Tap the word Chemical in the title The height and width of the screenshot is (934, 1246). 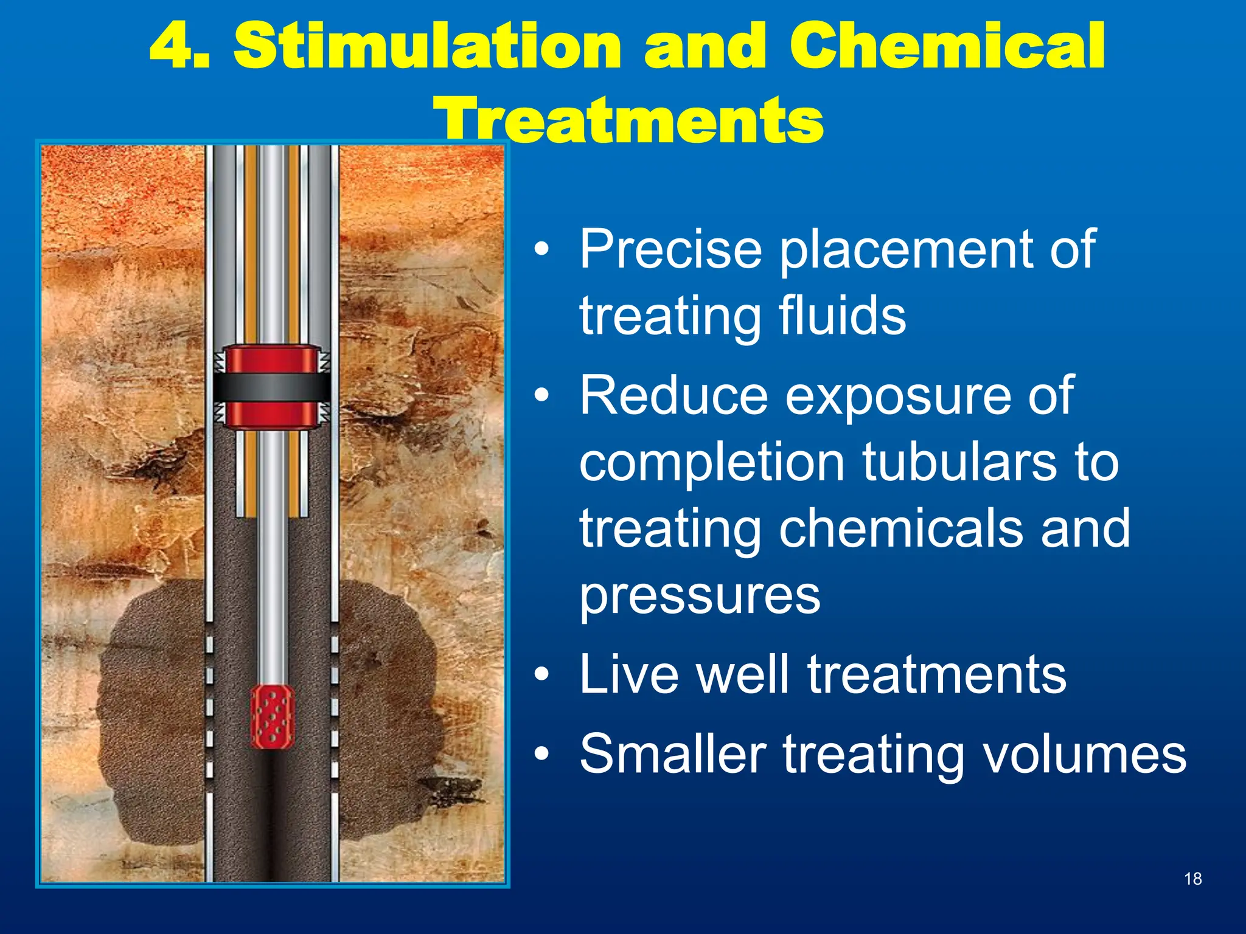click(947, 46)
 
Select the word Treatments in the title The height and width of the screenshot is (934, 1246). click(629, 120)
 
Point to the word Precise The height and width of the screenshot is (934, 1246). click(670, 249)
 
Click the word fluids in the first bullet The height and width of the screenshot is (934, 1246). click(842, 316)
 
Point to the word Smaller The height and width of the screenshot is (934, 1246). click(672, 754)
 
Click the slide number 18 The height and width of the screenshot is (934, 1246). click(1192, 879)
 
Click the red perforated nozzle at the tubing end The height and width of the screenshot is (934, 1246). click(272, 717)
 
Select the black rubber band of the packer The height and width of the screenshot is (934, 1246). click(272, 387)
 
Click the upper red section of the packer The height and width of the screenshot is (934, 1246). click(272, 360)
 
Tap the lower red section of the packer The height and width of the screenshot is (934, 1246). click(272, 415)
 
